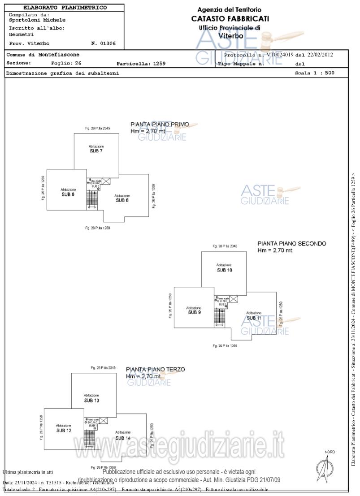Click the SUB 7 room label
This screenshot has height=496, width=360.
pyautogui.click(x=96, y=151)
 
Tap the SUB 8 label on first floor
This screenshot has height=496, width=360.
pyautogui.click(x=122, y=200)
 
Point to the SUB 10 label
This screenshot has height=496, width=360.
pyautogui.click(x=224, y=270)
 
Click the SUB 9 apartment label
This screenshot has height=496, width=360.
pyautogui.click(x=194, y=312)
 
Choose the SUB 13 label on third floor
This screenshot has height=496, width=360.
pyautogui.click(x=91, y=400)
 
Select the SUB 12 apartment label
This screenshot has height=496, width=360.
pyautogui.click(x=64, y=430)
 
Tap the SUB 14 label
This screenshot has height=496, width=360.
pyautogui.click(x=123, y=437)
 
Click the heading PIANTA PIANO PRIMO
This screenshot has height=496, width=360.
pyautogui.click(x=160, y=125)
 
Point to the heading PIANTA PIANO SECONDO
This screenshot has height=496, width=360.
pyautogui.click(x=291, y=244)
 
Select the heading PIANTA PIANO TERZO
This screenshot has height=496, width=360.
pyautogui.click(x=155, y=370)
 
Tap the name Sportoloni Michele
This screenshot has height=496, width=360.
pyautogui.click(x=37, y=20)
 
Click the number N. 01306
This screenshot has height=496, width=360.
pyautogui.click(x=103, y=43)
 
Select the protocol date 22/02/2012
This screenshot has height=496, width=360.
pyautogui.click(x=320, y=55)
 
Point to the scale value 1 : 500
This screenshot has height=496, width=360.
pyautogui.click(x=323, y=73)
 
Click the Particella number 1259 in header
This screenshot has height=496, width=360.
pyautogui.click(x=159, y=64)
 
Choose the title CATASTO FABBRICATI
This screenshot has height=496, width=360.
pyautogui.click(x=230, y=18)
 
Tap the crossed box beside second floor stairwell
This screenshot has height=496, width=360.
pyautogui.click(x=234, y=299)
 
